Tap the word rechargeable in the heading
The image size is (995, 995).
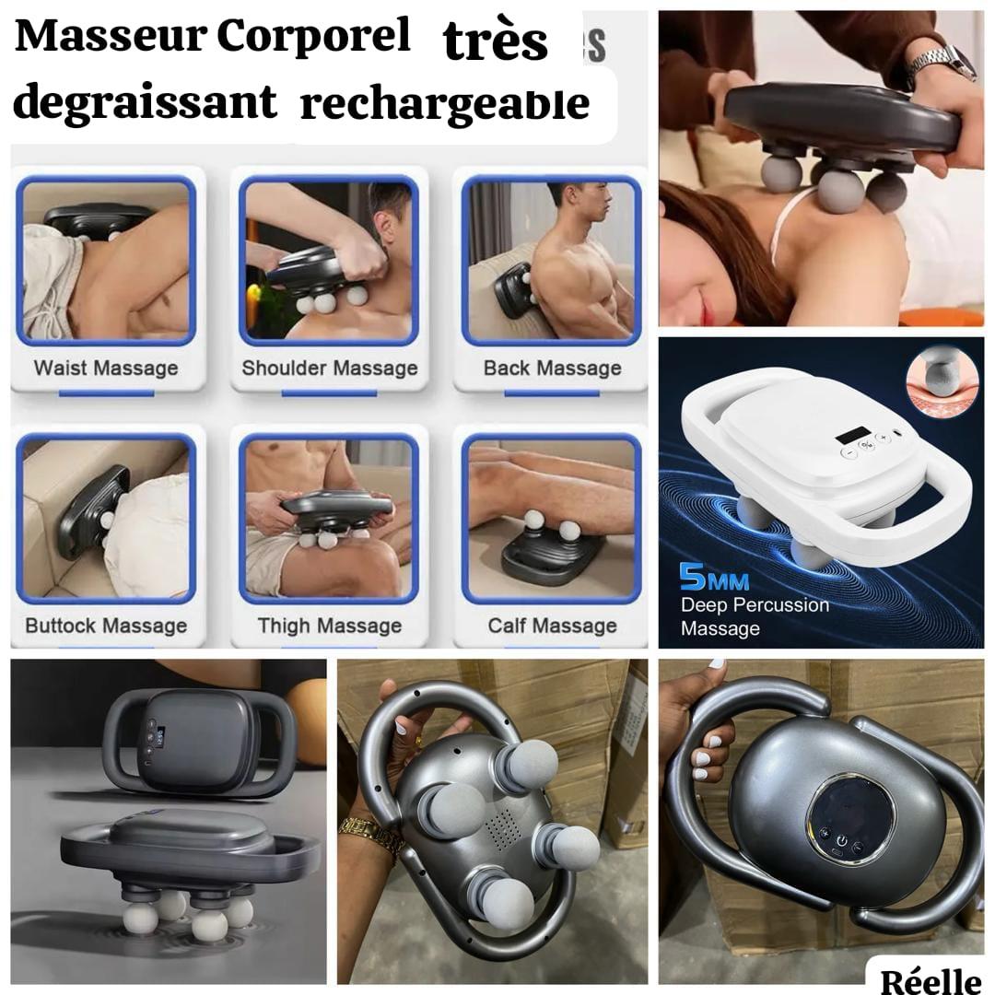pos(445,104)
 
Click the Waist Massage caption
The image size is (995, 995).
pos(106,369)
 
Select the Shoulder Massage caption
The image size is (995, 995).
pos(330,369)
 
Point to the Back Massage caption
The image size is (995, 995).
pos(553,369)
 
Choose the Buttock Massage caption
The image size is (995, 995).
pos(106,626)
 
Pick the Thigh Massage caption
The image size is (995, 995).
pos(330,626)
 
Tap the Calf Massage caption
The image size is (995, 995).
pos(553,626)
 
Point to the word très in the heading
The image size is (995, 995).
pos(496,41)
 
